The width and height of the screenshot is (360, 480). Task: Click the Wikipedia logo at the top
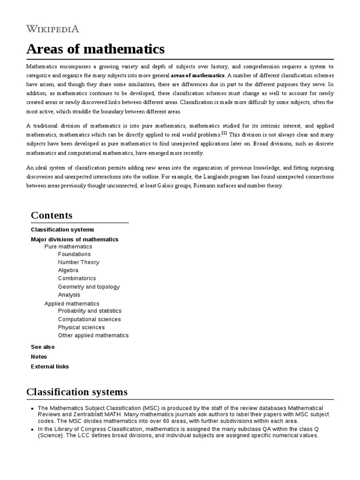[52, 29]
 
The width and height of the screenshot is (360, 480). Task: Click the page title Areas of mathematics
[95, 49]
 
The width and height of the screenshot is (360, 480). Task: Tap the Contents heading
[52, 215]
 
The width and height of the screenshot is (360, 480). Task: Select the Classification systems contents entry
[62, 230]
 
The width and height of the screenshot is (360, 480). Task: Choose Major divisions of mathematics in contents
[75, 240]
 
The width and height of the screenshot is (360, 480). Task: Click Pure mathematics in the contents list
[68, 247]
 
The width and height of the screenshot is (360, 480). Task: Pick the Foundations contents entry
[74, 255]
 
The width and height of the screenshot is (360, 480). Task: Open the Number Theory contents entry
[78, 262]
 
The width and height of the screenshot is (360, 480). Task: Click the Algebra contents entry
[68, 270]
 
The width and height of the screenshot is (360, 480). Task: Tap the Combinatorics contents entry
[77, 278]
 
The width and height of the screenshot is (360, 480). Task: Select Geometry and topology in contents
[89, 287]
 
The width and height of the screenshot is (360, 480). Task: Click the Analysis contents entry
[69, 295]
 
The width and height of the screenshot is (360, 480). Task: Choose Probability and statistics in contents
[90, 311]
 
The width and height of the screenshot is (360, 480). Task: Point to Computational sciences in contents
[89, 319]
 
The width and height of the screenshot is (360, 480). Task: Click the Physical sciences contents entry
[81, 327]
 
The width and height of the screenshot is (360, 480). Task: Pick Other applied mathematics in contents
[93, 335]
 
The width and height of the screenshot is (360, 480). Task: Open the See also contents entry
[43, 347]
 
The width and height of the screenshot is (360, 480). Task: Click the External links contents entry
[50, 367]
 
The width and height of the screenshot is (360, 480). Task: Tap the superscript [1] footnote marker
[224, 133]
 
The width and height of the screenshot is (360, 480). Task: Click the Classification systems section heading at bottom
[77, 392]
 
